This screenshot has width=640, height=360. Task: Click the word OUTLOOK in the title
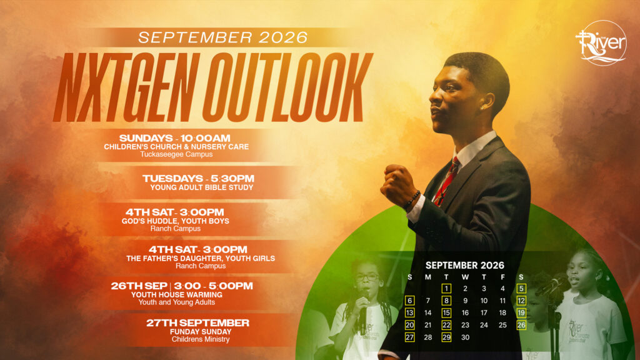tap(288, 87)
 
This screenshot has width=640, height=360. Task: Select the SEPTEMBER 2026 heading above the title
tap(223, 37)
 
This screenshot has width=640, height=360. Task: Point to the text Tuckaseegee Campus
tap(176, 154)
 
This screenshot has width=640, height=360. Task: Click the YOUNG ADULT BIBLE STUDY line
tap(202, 187)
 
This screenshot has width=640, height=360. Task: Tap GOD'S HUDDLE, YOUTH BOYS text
tap(176, 221)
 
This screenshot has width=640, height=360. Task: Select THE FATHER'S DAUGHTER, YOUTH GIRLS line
tap(201, 258)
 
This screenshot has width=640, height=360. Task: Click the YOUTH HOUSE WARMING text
tap(177, 295)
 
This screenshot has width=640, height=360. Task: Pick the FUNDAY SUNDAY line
tap(201, 332)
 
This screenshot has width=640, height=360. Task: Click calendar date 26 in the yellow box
tap(521, 325)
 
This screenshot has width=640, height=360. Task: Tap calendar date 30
tap(465, 337)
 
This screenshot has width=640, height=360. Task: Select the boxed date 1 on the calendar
tap(446, 289)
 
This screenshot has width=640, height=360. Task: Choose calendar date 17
tap(484, 313)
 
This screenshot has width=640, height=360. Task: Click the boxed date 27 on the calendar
tap(409, 337)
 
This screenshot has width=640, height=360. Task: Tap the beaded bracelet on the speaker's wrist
tap(412, 199)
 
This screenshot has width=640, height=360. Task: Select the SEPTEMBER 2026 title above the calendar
tap(465, 265)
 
